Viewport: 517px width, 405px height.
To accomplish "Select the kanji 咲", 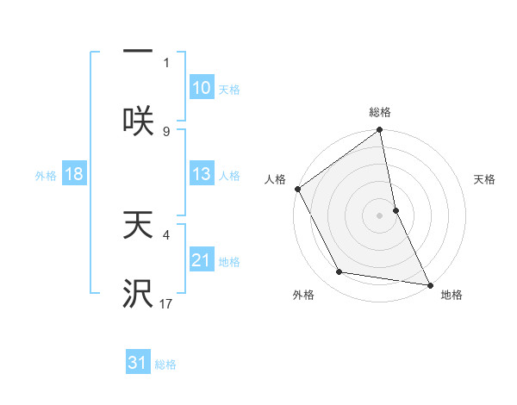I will point(138,121).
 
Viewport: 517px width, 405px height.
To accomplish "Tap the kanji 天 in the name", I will point(138,226).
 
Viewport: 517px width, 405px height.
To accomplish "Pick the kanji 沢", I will point(138,294).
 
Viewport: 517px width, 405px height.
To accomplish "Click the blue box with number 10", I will point(201,88).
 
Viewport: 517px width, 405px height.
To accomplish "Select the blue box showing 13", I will point(201,174).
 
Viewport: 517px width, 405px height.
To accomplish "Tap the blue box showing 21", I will point(201,260).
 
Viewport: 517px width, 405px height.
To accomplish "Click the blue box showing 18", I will point(74,174).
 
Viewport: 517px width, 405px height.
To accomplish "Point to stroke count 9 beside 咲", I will point(166,131).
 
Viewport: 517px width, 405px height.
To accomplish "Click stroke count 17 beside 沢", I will point(166,304).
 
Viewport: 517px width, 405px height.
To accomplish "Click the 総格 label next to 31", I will point(165,364).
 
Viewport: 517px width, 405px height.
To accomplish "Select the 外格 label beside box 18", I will point(46,175).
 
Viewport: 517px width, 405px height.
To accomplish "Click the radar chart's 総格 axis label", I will point(380,112).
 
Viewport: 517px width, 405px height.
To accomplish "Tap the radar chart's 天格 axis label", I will point(485,179).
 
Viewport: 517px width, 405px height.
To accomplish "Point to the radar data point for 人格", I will point(298,189).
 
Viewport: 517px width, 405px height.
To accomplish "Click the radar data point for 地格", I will point(430,284).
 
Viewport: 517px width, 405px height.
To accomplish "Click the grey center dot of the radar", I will point(380,215).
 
